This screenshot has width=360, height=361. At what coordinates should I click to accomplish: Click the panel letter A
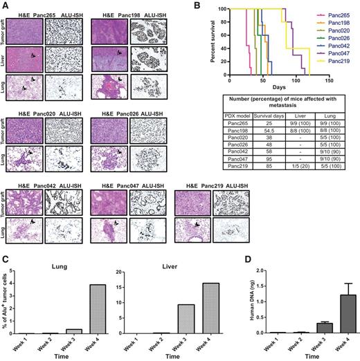[x=6, y=6]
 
